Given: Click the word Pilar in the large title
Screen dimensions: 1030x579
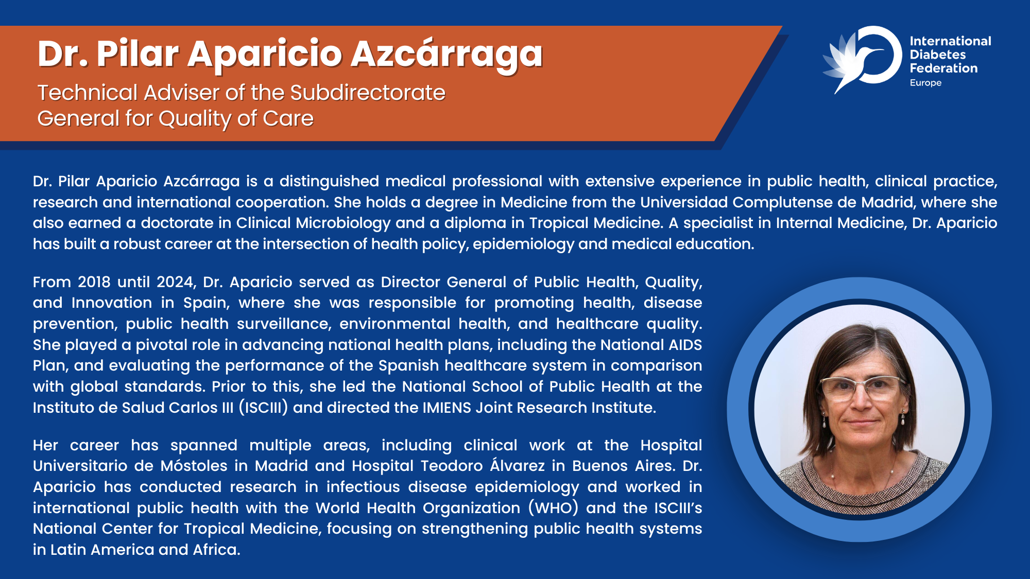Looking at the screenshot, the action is (138, 54).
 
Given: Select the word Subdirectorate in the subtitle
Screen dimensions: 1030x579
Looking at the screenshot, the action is (368, 93).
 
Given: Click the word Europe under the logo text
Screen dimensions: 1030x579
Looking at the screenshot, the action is (925, 83).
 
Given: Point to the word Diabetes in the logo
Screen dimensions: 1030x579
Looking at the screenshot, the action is (938, 55).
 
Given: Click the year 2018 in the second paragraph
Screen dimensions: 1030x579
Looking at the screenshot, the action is (94, 282).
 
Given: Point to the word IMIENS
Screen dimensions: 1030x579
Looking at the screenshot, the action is (447, 408).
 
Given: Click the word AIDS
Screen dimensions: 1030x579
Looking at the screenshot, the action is (685, 345).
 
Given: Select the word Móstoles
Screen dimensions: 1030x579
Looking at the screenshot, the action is (194, 466).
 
